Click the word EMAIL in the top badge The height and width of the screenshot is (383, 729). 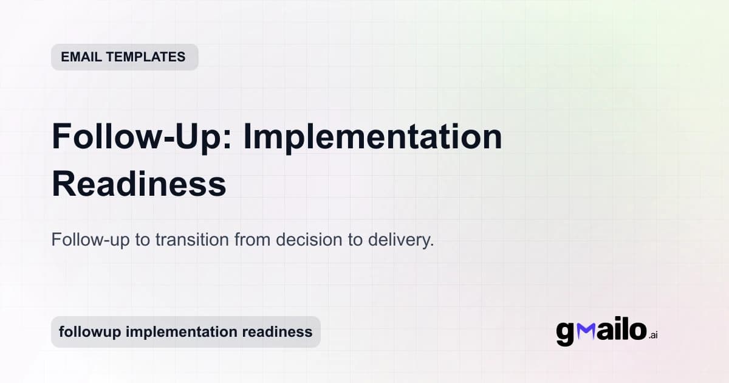tap(81, 57)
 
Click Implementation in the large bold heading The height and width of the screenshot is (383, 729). tap(372, 137)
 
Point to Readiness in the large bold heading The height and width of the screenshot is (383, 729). tap(139, 184)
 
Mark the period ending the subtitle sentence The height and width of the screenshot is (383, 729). tap(432, 244)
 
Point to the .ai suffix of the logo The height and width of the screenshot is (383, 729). tap(653, 335)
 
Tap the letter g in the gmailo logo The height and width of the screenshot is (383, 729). tap(565, 333)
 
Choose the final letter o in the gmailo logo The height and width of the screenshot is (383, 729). tap(637, 331)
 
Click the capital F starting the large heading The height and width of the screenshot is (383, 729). tap(63, 137)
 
